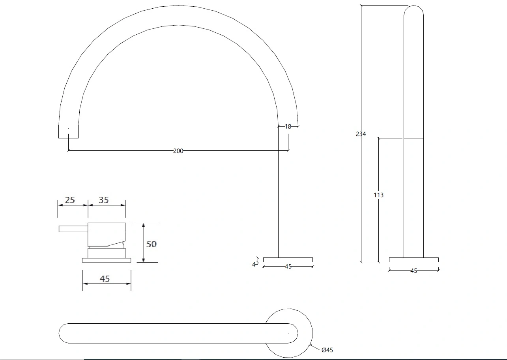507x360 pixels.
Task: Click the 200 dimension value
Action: click(x=178, y=151)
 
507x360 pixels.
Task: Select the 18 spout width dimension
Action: click(x=288, y=127)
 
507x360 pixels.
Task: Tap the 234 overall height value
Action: click(x=361, y=134)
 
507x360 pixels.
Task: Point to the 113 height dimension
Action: click(x=378, y=195)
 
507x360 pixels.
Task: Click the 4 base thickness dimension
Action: click(x=254, y=264)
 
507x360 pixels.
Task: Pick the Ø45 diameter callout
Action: click(x=327, y=350)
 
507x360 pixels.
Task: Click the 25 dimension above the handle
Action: click(x=70, y=200)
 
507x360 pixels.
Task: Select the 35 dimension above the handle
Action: click(x=104, y=200)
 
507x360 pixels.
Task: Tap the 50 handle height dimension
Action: click(x=151, y=244)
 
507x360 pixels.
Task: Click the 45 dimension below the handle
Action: click(x=105, y=279)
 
